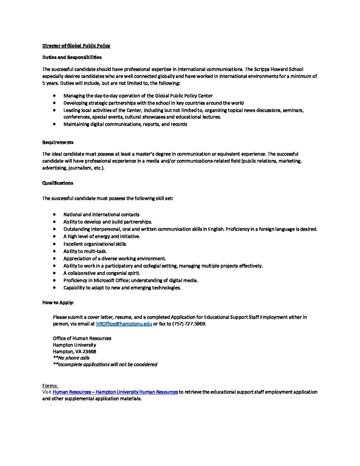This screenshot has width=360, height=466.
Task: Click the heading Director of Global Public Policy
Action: (x=76, y=46)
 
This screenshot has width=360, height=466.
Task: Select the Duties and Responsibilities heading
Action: (x=72, y=57)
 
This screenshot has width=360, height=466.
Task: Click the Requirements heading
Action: (x=58, y=142)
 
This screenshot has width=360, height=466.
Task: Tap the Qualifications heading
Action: (x=58, y=183)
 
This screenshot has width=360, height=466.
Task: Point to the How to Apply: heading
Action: (x=58, y=303)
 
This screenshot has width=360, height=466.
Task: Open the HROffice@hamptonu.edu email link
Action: (x=124, y=324)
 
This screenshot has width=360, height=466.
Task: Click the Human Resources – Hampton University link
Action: (x=115, y=392)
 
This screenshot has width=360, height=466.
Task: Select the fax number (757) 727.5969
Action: (x=189, y=324)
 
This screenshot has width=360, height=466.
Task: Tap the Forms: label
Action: (x=50, y=386)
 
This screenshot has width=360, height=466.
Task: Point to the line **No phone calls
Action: (x=71, y=358)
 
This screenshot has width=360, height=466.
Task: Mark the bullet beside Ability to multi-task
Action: (x=54, y=251)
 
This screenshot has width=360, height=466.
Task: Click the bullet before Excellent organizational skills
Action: (x=54, y=244)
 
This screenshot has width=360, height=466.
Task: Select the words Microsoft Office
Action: (x=111, y=280)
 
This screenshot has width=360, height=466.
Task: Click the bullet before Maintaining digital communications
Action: (x=54, y=124)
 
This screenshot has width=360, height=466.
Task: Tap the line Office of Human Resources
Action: (x=82, y=338)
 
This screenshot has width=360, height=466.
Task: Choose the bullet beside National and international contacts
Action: (x=54, y=214)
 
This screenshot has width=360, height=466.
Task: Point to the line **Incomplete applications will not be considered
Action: (x=105, y=364)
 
